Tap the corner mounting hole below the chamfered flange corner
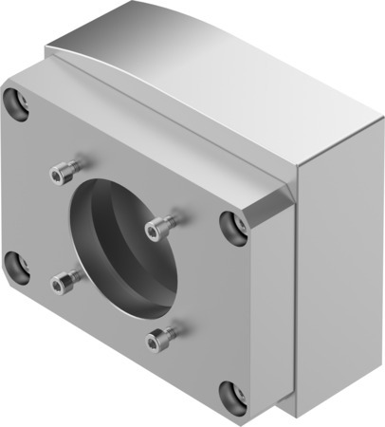(x=232, y=227)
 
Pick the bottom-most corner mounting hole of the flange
(x=232, y=396)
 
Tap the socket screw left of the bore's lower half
(x=65, y=280)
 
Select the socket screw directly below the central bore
(x=161, y=336)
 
